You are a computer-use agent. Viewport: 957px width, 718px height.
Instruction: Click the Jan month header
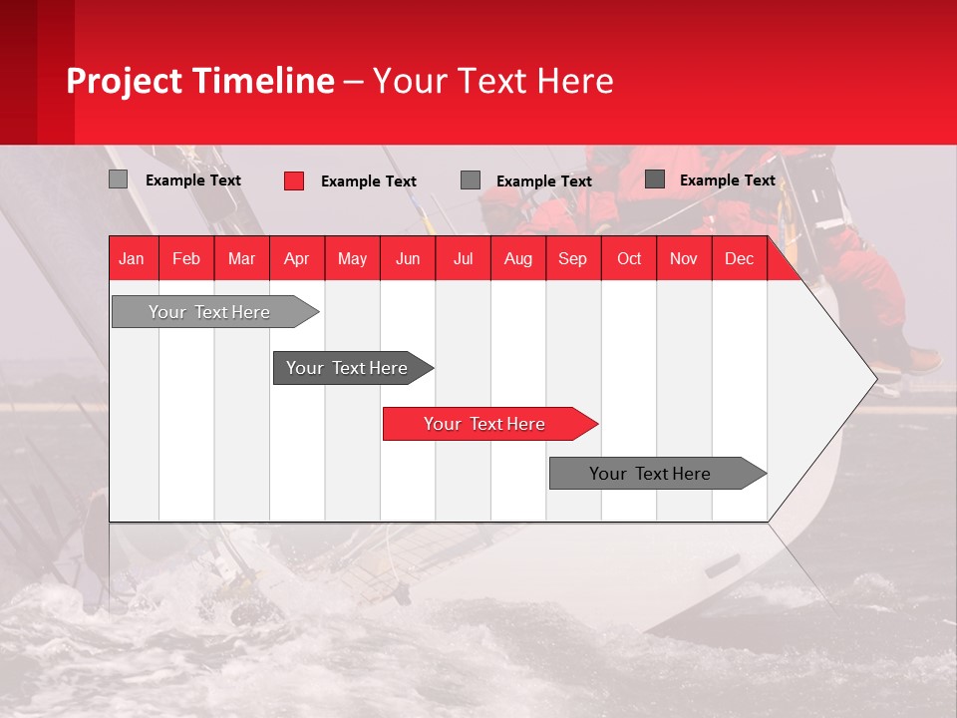point(133,258)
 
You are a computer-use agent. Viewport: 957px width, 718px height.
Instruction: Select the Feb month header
point(186,258)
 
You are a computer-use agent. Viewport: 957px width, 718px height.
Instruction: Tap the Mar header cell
point(241,258)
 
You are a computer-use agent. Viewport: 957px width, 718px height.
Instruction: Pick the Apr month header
point(297,258)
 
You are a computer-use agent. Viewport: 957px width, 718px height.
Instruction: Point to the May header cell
point(352,258)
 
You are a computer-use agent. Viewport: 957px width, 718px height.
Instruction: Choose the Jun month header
point(408,258)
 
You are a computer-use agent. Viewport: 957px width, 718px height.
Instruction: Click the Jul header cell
point(463,258)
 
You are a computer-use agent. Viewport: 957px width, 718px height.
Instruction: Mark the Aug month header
point(518,258)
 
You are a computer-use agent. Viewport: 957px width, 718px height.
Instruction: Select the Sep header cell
point(573,258)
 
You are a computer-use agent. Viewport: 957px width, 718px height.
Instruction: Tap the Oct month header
point(629,258)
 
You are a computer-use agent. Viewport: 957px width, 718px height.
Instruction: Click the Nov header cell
point(684,258)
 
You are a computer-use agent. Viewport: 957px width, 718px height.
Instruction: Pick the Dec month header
point(740,258)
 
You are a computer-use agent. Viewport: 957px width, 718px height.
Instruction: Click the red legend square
point(293,180)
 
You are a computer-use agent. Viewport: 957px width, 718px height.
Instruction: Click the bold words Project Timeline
point(200,81)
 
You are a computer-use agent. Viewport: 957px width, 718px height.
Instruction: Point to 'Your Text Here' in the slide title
point(493,81)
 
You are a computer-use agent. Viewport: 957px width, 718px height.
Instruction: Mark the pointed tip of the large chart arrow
point(874,377)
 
